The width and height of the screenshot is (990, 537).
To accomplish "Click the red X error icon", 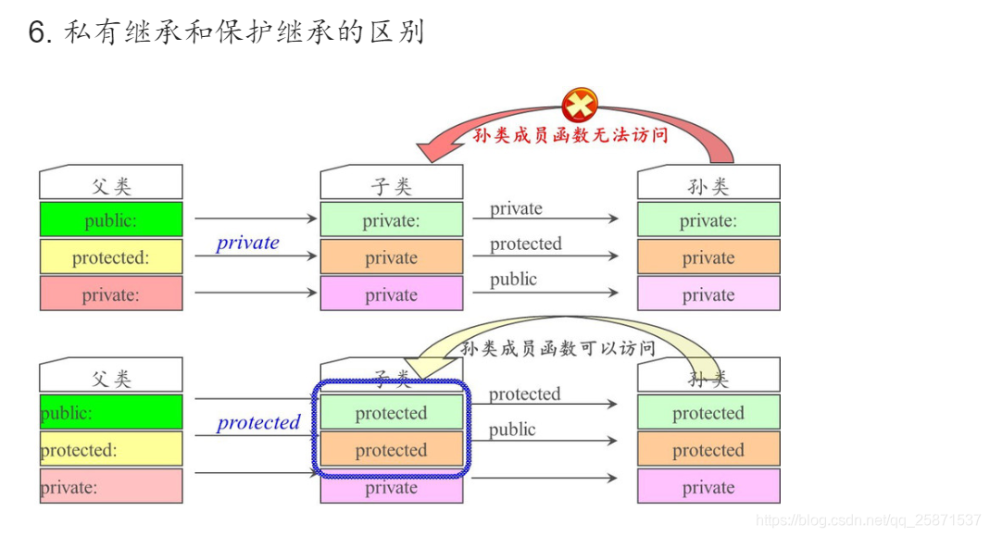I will point(580,104).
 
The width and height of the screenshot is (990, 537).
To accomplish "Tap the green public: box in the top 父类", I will point(111,220).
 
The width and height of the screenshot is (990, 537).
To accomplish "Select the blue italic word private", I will point(247,243).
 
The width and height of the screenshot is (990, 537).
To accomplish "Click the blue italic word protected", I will point(258,422).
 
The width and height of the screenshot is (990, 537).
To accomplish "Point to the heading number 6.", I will point(38,32).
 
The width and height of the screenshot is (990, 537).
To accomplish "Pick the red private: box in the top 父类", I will point(111,294).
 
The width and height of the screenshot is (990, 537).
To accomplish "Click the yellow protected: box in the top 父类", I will point(111,257).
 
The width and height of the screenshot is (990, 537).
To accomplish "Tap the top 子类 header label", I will point(391,185).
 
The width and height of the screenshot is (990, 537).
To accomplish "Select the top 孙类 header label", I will point(708,185).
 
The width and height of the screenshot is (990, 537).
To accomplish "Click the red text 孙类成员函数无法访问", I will point(570,134).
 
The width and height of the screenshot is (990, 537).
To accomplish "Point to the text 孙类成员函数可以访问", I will point(558,348).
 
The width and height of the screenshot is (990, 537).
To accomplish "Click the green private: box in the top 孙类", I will point(708,220).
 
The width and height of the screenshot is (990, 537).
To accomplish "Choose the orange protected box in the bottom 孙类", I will point(708,450).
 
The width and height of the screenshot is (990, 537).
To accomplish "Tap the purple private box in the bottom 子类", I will point(391,488).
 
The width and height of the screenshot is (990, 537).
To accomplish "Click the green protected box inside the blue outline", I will point(391,413).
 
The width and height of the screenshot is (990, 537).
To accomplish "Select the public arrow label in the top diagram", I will point(513,279).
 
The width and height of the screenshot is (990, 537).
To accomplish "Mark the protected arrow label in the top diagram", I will point(525,244).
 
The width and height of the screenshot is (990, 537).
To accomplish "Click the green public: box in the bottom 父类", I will point(111,413).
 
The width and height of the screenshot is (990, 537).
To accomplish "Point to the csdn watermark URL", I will point(868,519).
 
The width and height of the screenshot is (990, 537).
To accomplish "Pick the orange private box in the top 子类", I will point(391,257).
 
